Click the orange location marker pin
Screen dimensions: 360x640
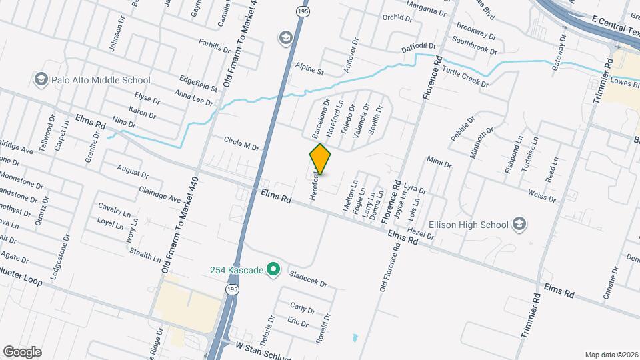click(x=320, y=159)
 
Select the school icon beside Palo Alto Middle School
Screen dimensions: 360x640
click(x=41, y=80)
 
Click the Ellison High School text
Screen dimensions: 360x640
click(x=469, y=225)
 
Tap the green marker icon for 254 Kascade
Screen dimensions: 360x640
click(x=272, y=269)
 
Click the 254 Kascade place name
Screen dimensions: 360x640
click(x=237, y=269)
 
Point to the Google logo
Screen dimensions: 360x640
click(x=22, y=351)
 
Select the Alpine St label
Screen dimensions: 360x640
click(x=310, y=71)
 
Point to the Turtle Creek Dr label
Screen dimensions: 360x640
click(x=465, y=78)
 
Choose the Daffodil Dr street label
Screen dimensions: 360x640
click(x=418, y=47)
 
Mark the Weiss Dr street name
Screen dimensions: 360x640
click(x=541, y=195)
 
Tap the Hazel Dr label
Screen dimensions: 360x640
click(x=420, y=232)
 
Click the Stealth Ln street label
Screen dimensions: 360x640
click(x=145, y=254)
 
